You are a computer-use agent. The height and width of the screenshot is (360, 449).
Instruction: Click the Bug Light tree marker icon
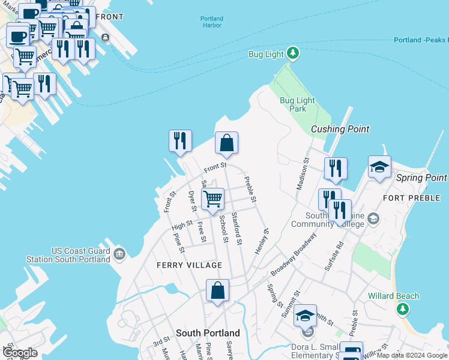coord(293,54)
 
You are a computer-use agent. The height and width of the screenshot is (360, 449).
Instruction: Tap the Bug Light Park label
coord(293,104)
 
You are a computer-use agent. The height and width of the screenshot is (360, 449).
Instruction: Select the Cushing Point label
coord(340,129)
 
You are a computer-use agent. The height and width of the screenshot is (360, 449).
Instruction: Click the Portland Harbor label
coord(212,22)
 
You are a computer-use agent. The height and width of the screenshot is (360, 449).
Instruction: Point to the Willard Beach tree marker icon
coord(403,309)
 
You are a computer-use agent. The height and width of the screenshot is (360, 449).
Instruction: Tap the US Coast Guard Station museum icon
coord(118,254)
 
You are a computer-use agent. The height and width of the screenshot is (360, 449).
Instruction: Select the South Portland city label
coord(208,333)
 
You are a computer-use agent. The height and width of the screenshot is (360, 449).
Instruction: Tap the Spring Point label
coord(421,178)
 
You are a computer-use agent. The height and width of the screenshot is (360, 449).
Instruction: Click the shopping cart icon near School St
coord(212,199)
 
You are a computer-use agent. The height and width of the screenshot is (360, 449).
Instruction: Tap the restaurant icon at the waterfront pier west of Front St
coord(180,141)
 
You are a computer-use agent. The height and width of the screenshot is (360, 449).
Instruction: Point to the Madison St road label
coord(302,175)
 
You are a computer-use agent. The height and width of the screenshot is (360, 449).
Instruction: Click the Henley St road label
coord(262,241)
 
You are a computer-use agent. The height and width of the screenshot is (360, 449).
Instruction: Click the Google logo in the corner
coord(20,353)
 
